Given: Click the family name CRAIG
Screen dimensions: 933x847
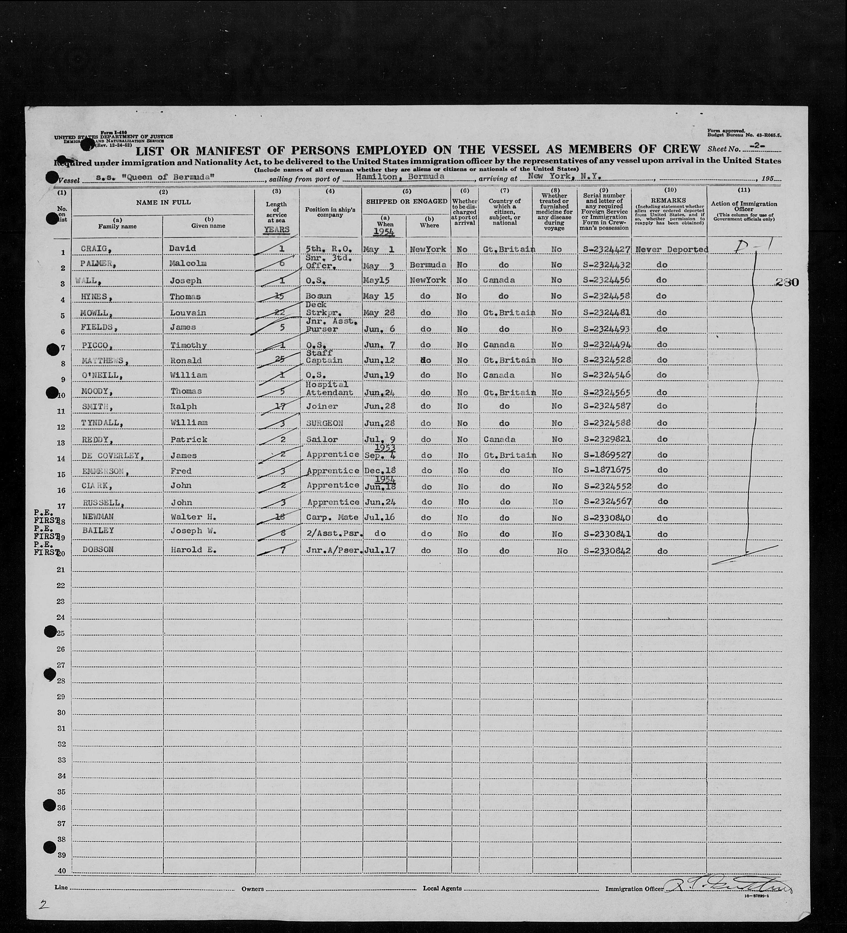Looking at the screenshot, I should click(x=94, y=249).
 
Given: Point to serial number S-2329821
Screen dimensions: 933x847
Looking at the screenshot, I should click(x=606, y=439).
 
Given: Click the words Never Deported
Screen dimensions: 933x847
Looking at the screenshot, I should click(x=671, y=249).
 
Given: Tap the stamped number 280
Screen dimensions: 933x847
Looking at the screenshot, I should click(x=787, y=282).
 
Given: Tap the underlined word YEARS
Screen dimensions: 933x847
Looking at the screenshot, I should click(x=277, y=230).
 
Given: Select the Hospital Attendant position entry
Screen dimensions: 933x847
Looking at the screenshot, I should click(x=329, y=389).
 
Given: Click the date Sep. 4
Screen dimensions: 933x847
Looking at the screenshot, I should click(x=381, y=455).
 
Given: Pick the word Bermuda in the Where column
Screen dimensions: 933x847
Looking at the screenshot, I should click(x=428, y=265).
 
